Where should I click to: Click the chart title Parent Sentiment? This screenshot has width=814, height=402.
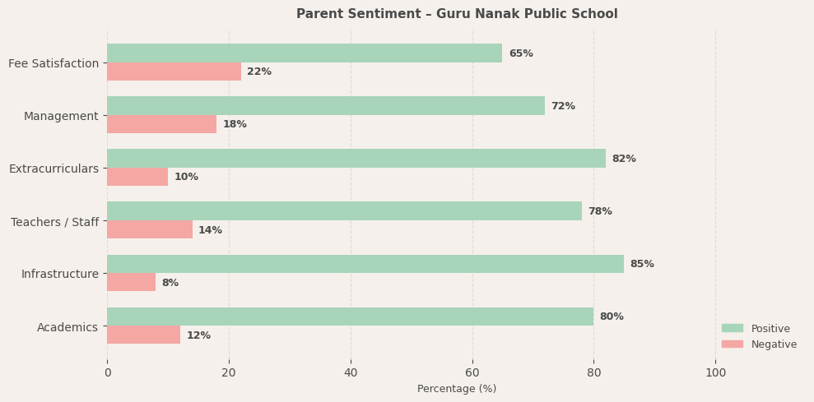click(457, 14)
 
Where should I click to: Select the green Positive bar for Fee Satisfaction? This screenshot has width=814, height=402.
click(305, 53)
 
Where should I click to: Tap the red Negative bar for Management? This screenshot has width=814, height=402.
click(161, 124)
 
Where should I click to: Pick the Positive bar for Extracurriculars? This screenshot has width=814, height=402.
click(356, 159)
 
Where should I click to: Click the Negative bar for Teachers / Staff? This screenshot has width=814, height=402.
click(150, 229)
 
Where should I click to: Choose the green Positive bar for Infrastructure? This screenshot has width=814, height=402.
click(365, 264)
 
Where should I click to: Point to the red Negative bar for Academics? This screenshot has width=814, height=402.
click(143, 335)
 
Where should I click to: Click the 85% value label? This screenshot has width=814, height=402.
click(642, 264)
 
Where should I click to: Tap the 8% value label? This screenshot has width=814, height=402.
click(170, 283)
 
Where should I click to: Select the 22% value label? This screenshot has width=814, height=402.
click(259, 72)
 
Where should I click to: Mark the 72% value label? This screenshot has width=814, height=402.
click(563, 106)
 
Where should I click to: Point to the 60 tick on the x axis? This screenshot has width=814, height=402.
click(472, 372)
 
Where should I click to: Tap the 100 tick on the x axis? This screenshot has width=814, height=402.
click(716, 372)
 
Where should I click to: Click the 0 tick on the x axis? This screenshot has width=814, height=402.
click(107, 372)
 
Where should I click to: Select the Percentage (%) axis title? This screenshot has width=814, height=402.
click(457, 389)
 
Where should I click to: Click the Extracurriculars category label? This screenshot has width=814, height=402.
click(53, 169)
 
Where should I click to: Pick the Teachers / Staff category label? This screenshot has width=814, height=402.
click(54, 222)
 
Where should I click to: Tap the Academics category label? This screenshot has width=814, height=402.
click(67, 327)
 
